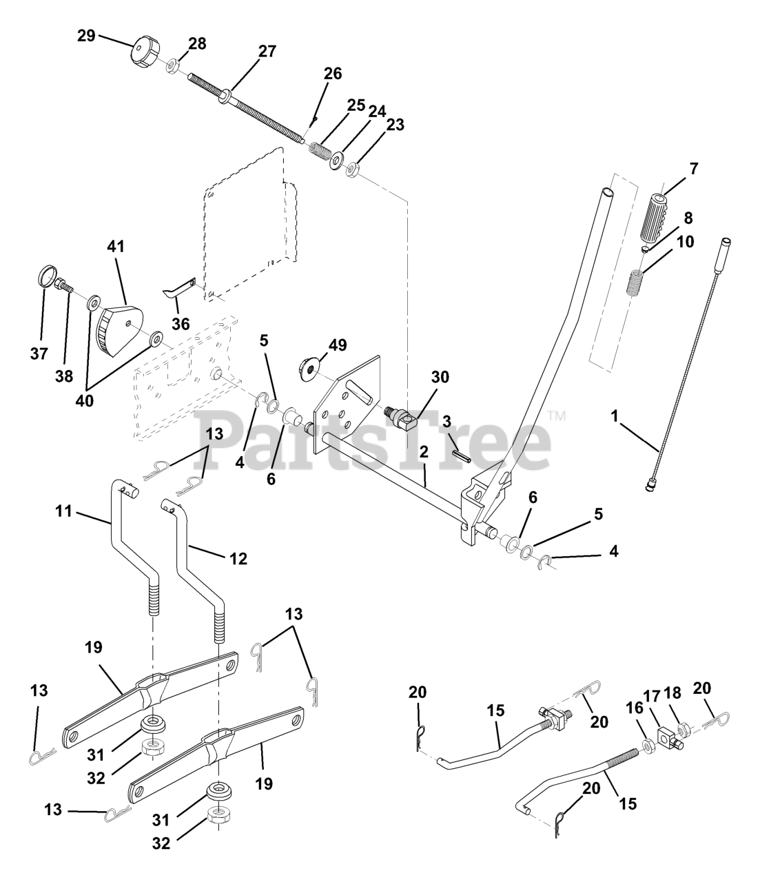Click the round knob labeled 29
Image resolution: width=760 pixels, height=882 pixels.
145,52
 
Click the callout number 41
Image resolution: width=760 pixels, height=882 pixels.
116,246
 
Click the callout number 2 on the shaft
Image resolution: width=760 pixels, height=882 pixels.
423,452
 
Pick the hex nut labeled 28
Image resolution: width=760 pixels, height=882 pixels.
173,66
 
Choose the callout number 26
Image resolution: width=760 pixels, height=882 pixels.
333,74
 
